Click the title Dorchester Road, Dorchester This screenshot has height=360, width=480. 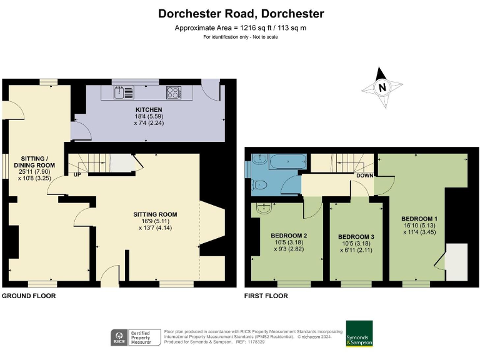click(241, 13)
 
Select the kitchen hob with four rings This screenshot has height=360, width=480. click(173, 92)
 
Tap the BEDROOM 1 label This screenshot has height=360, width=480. click(419, 218)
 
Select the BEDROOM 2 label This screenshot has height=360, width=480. click(288, 236)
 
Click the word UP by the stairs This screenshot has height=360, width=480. click(77, 174)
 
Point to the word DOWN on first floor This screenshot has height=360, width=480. click(364, 176)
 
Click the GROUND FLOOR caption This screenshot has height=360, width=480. click(29, 296)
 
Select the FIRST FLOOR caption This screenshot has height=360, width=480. click(266, 296)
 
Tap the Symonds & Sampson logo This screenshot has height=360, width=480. click(359, 334)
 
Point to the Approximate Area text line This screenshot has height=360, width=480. click(241, 28)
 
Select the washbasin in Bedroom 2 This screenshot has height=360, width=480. click(262, 209)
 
